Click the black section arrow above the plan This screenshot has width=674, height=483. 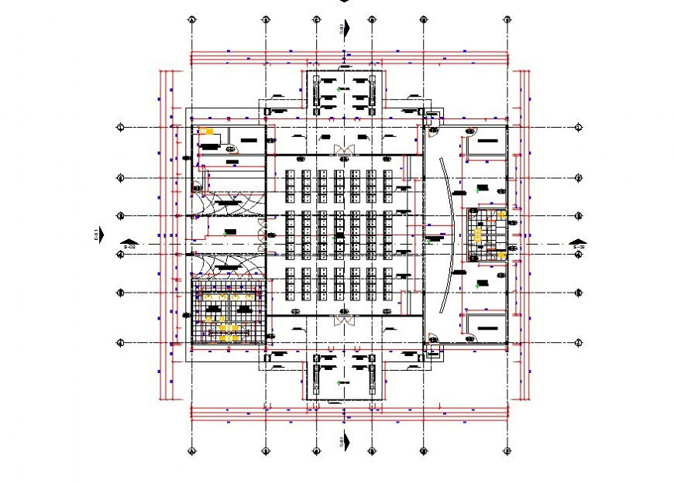(346, 28)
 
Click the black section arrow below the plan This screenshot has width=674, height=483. (346, 441)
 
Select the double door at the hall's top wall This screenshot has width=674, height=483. (342, 149)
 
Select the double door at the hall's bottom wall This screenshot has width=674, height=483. (342, 319)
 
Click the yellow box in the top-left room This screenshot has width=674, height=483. (206, 132)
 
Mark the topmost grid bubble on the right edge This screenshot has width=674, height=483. (578, 127)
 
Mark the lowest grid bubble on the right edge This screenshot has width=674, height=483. (578, 341)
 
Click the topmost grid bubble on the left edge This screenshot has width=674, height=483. (120, 127)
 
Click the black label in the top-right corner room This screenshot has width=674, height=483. (487, 141)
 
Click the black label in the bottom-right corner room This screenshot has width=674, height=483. (487, 328)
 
